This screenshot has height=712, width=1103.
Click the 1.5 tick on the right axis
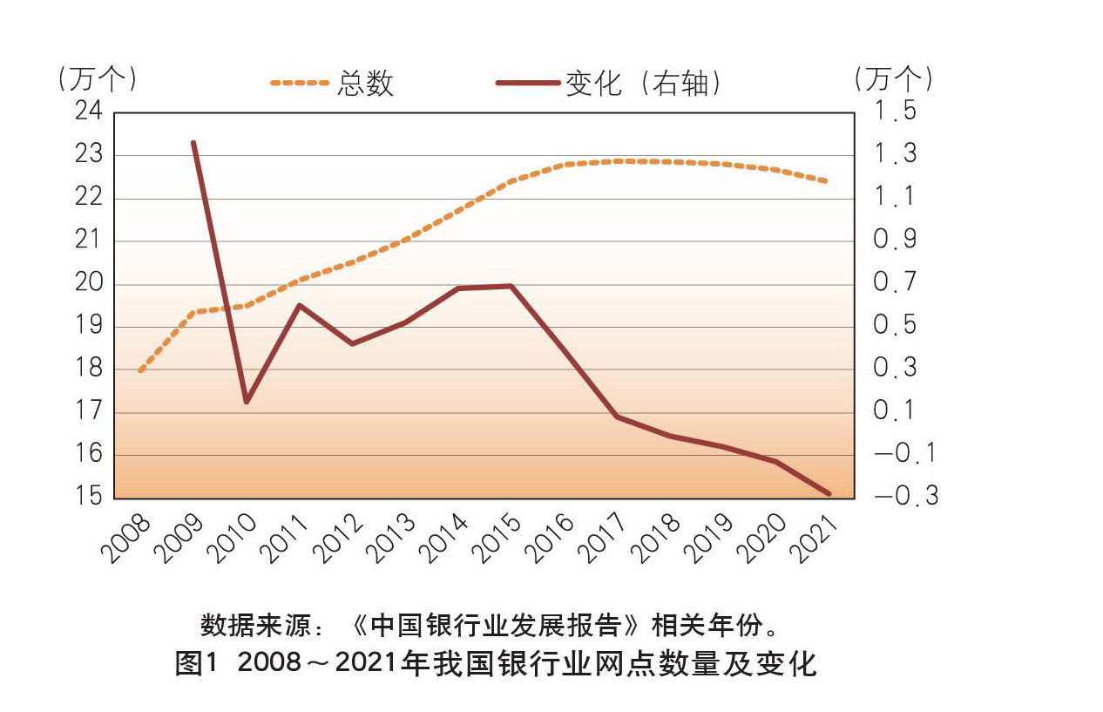895,112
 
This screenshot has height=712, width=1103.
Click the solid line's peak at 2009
193,142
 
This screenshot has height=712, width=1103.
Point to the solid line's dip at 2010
246,402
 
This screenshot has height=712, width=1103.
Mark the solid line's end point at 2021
829,493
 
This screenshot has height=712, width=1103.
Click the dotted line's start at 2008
140,370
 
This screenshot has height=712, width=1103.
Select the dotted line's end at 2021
826,181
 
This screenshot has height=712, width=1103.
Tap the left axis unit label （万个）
96,79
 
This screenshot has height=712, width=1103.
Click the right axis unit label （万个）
894,79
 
